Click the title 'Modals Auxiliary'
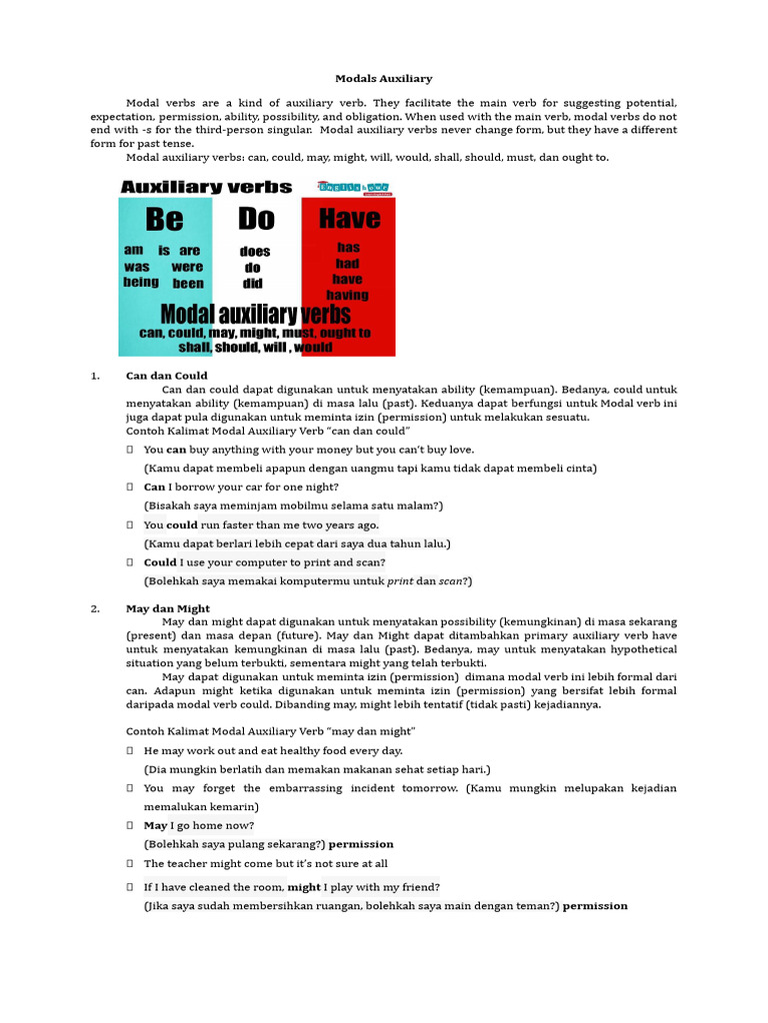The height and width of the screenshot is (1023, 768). (383, 78)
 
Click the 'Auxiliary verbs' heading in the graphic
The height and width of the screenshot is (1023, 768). (206, 187)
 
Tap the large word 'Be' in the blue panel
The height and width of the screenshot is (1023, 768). (165, 219)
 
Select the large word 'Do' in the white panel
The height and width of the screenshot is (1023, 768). (256, 218)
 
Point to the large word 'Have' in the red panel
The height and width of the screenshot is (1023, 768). (349, 218)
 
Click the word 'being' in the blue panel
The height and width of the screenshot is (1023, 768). (141, 282)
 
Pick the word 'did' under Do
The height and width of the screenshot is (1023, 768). (253, 284)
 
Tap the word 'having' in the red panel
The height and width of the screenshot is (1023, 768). (347, 295)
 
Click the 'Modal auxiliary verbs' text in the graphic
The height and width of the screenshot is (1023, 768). (256, 314)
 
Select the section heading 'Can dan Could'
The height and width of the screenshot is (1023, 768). (167, 376)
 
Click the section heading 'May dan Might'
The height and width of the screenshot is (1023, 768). (168, 608)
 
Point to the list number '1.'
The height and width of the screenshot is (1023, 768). (95, 376)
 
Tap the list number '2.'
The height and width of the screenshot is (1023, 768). (95, 608)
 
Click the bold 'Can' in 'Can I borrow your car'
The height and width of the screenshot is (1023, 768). (154, 487)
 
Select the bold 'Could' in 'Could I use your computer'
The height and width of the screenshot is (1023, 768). (160, 562)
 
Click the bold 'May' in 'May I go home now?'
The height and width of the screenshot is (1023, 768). (155, 825)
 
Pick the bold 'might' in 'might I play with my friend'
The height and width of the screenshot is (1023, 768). (304, 887)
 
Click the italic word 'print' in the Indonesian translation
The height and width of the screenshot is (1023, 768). (400, 580)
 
